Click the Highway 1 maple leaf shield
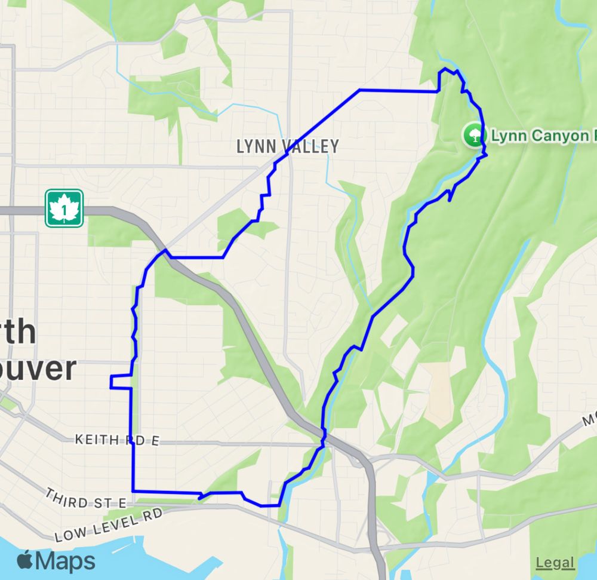pos(64,208)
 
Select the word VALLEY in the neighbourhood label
pos(310,146)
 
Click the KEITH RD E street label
pos(117,441)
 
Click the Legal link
pos(555,563)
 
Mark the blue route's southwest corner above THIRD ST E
pos(132,491)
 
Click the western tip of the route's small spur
pos(110,382)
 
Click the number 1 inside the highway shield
pos(64,210)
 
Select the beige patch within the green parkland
pos(442,394)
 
